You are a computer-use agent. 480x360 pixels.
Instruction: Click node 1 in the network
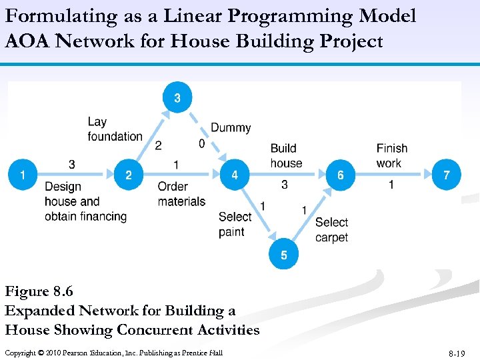[23, 175]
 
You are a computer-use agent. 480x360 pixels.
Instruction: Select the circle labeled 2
[129, 175]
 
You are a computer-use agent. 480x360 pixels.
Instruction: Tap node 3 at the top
[177, 99]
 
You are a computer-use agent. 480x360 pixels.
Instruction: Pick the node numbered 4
[235, 175]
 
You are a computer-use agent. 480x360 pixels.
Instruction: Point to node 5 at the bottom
[284, 255]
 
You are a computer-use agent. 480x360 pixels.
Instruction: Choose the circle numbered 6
[341, 175]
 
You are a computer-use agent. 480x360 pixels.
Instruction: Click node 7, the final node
[446, 175]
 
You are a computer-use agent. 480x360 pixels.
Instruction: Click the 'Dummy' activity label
[231, 128]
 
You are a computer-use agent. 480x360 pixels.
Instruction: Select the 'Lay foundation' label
[115, 129]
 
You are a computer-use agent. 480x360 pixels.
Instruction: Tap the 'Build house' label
[286, 155]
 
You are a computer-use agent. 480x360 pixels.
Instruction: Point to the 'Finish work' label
[391, 155]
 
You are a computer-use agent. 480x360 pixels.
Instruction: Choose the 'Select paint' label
[235, 224]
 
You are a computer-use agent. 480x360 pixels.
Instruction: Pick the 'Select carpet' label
[331, 229]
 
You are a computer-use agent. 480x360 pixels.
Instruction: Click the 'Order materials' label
[181, 194]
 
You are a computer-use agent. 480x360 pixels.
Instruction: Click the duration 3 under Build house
[285, 185]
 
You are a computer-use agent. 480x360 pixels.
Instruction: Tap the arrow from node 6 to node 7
[393, 175]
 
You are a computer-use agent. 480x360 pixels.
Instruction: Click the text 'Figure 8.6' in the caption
[39, 291]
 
